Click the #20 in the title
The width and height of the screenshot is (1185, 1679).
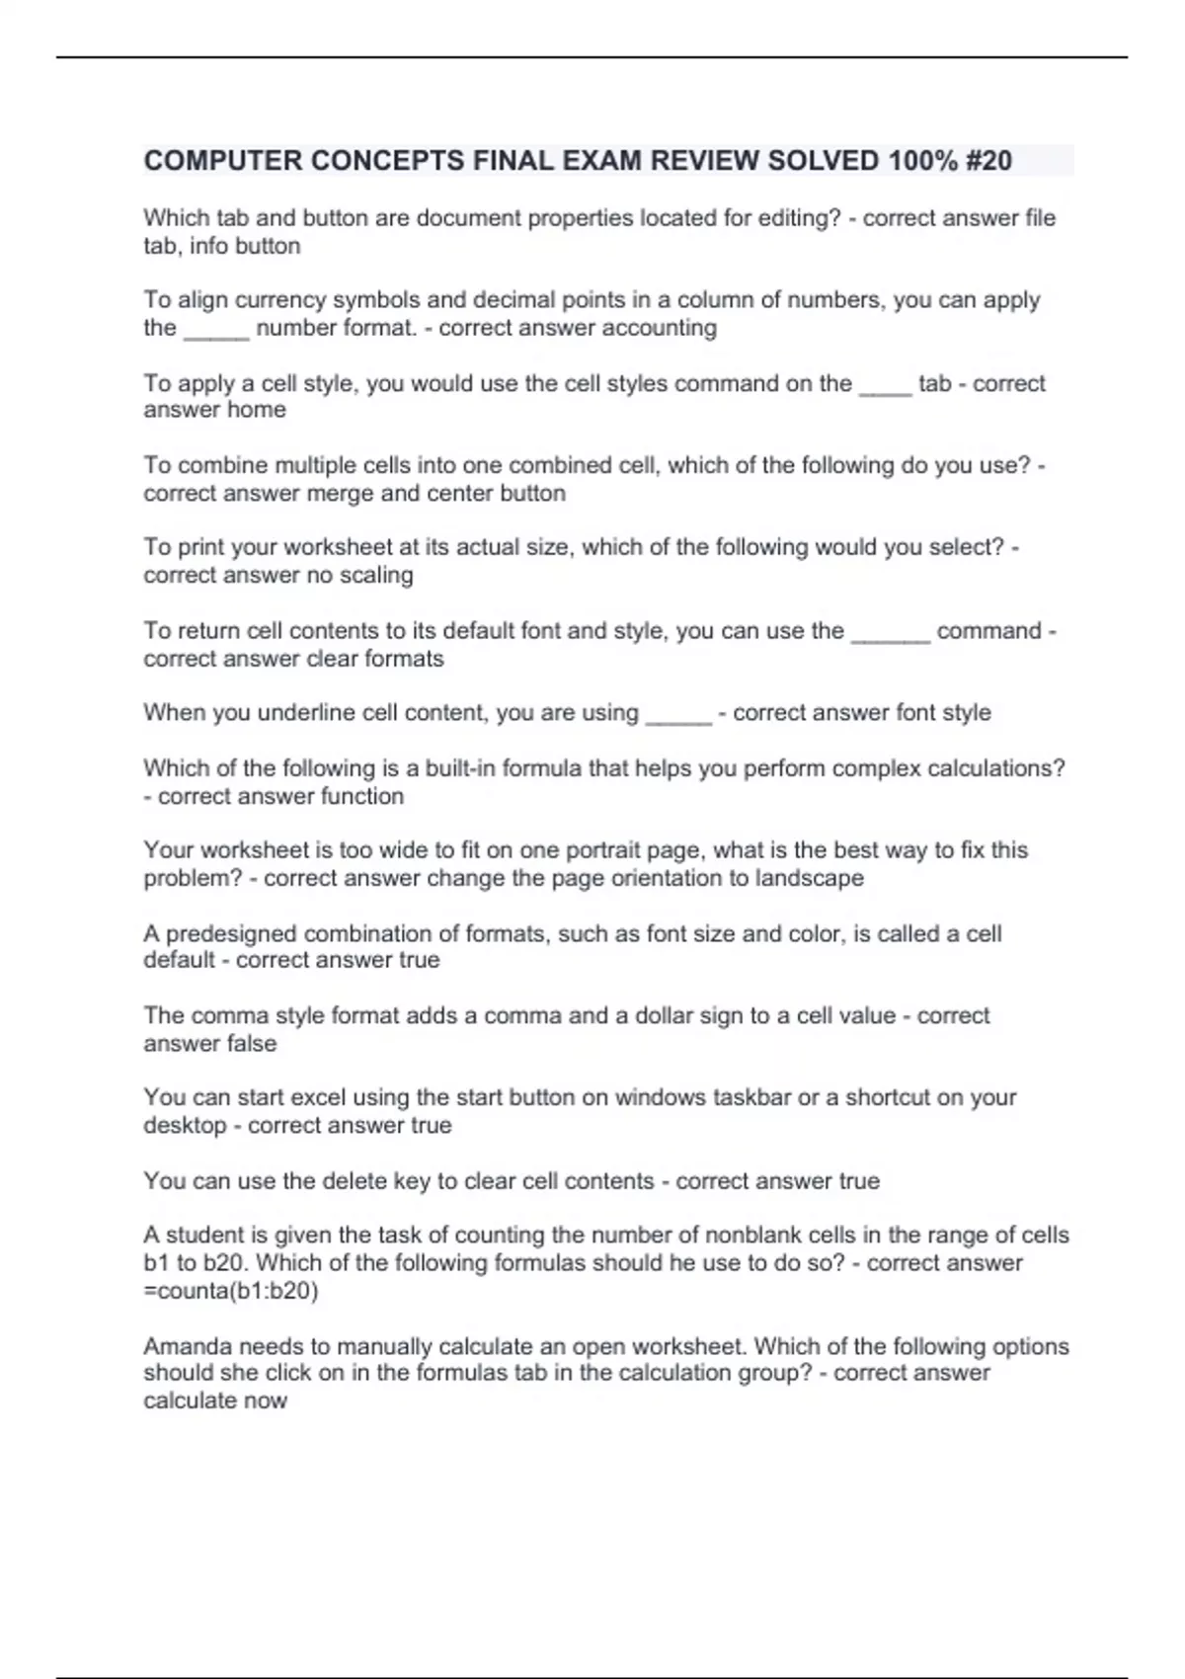point(987,161)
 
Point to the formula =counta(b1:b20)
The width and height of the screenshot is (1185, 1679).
point(231,1291)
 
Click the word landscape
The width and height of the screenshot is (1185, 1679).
point(809,878)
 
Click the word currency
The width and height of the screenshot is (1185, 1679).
point(273,300)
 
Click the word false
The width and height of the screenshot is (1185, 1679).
point(251,1044)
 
